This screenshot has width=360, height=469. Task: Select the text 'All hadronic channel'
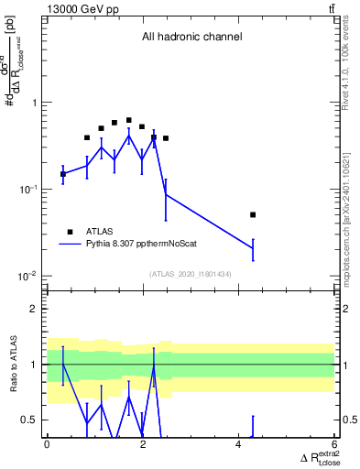191,38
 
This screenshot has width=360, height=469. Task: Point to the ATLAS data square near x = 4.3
253,214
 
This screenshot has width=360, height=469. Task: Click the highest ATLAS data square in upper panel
128,120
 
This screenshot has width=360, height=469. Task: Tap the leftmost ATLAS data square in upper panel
62,173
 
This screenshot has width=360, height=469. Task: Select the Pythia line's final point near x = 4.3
253,248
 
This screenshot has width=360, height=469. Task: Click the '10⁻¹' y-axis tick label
29,189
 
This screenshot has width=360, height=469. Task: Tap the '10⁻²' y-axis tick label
29,276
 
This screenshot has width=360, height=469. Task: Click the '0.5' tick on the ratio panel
31,420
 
